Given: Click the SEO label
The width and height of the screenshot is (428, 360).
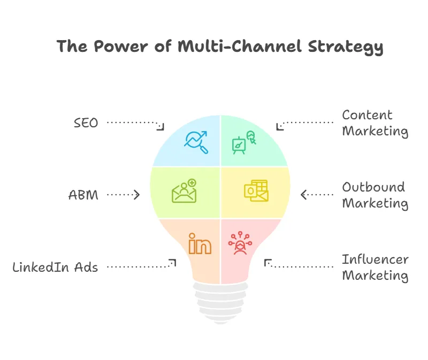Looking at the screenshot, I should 86,122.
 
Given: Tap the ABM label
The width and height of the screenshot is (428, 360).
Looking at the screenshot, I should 83,195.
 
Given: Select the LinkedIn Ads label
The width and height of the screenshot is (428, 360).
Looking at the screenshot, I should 55,266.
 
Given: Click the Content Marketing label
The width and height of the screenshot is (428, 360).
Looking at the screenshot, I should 374,123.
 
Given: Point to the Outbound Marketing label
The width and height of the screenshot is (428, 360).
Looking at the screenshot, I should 374,195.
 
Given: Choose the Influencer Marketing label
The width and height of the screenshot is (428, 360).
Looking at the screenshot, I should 374,267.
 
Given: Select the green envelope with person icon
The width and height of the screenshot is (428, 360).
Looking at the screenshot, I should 185,191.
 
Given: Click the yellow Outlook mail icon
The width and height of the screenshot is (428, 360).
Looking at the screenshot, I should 256,191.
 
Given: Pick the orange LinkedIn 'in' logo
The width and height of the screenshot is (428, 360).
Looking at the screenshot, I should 200,243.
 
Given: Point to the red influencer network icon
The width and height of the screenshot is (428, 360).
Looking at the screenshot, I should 240,243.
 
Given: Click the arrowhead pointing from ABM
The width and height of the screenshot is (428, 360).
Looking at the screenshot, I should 137,195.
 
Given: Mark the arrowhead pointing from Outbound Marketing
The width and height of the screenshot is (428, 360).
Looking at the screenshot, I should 304,195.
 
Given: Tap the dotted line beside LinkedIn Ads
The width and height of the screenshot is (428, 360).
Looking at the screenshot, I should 139,266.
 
